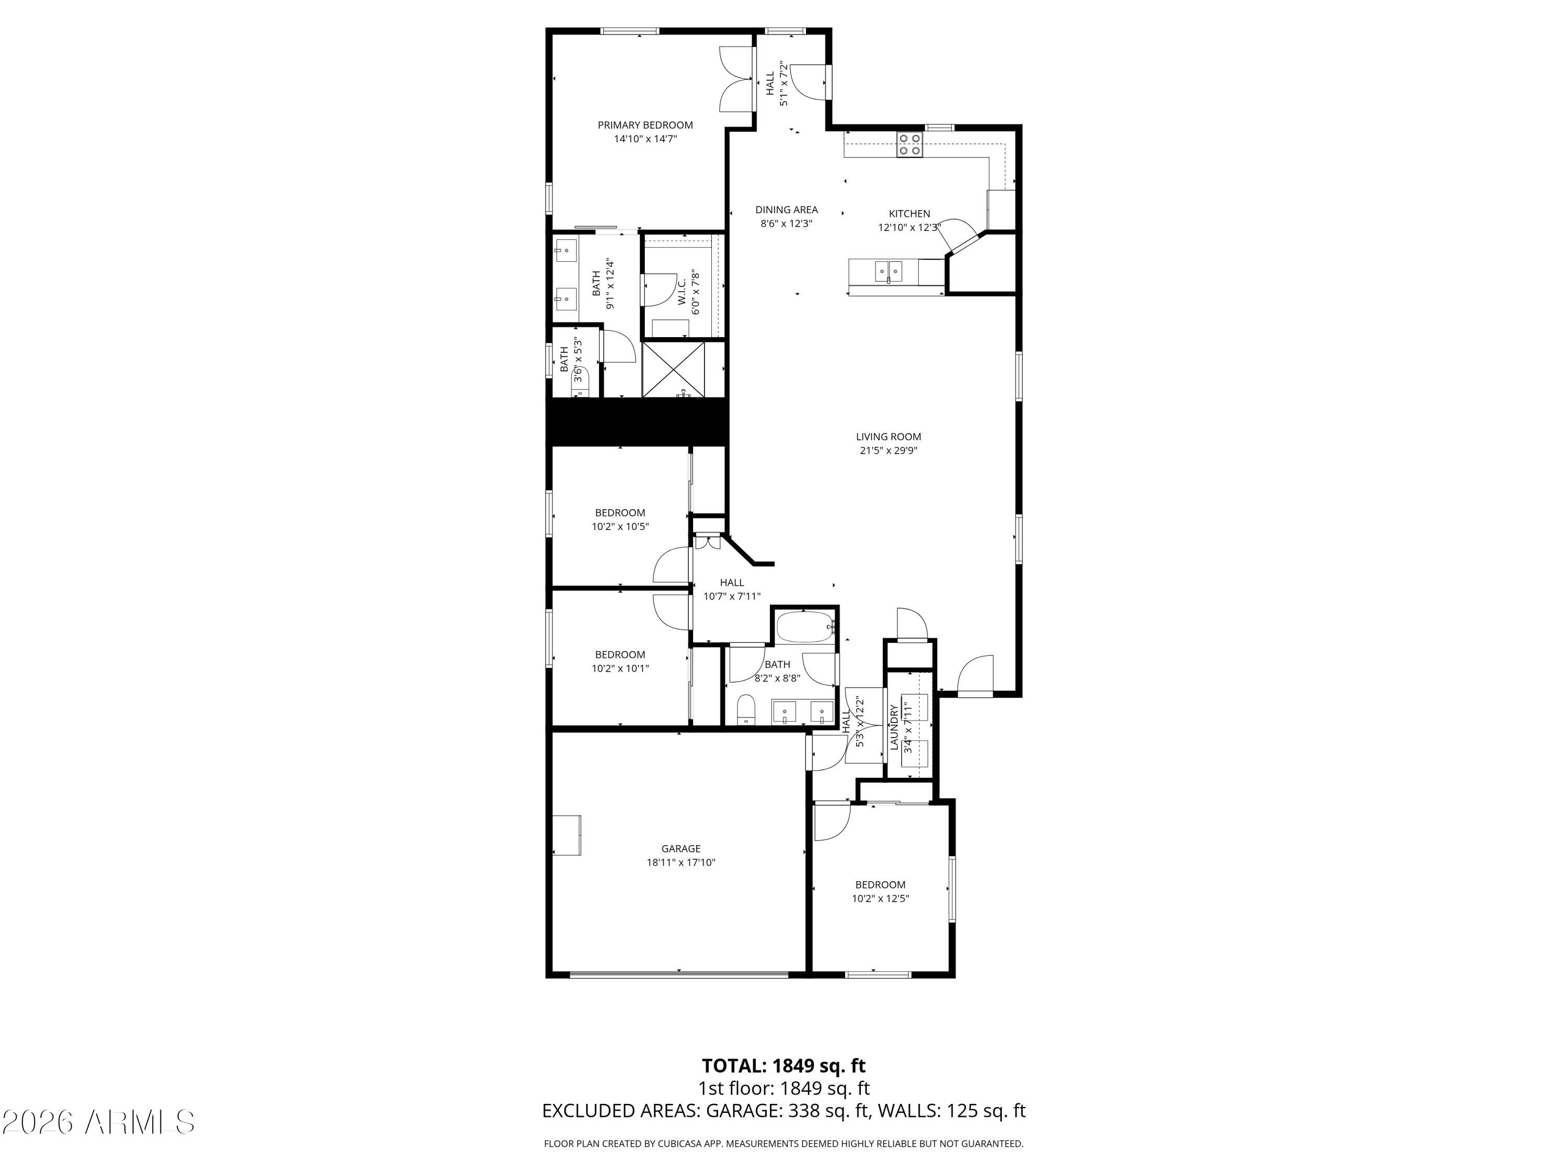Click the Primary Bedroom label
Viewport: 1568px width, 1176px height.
(645, 125)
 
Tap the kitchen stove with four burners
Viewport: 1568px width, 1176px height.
(909, 145)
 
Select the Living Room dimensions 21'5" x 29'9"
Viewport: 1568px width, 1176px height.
(888, 450)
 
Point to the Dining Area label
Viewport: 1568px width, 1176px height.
(786, 210)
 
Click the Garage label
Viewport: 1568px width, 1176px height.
(681, 848)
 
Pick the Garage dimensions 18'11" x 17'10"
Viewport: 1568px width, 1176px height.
(681, 863)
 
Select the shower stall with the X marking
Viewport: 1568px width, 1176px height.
(673, 370)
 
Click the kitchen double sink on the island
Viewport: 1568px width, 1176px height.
(888, 271)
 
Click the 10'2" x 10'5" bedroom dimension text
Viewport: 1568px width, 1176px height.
(620, 527)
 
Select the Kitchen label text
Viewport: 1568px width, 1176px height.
(909, 213)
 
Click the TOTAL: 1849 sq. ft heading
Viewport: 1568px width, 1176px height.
(784, 1065)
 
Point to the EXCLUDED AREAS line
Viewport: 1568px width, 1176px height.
(784, 1111)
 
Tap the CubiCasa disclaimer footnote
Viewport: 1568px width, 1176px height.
(784, 1144)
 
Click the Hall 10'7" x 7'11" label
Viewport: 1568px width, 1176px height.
(732, 590)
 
